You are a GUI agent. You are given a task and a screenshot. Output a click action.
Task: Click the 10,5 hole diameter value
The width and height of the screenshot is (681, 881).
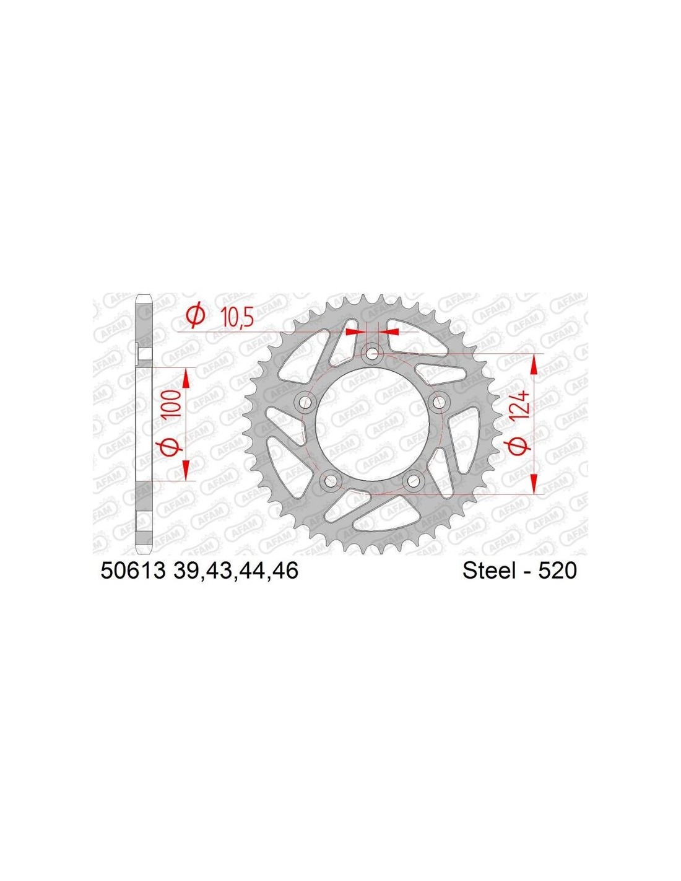[x=237, y=318]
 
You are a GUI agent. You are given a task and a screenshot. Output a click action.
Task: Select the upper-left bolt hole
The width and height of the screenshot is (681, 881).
[x=305, y=403]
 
